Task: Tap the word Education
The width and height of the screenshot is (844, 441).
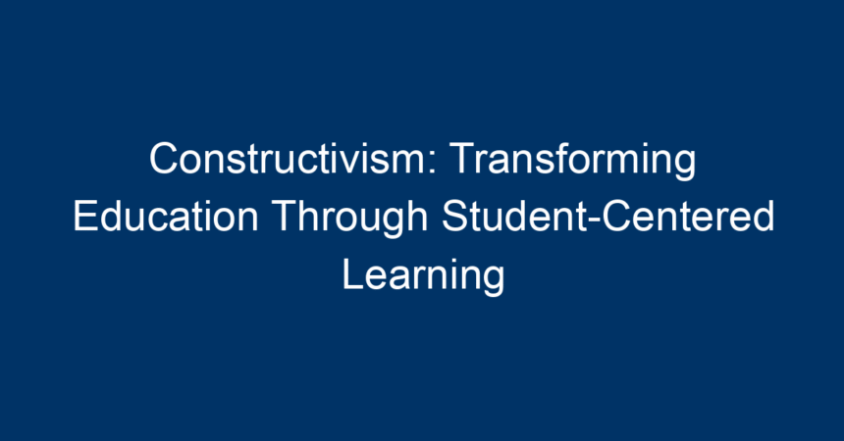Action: coord(166,217)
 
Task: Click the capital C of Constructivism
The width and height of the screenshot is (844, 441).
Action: coord(163,158)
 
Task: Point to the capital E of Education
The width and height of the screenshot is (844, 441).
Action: coord(85,217)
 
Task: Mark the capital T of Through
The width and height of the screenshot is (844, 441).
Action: coord(285,217)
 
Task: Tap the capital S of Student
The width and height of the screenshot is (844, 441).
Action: coord(454,217)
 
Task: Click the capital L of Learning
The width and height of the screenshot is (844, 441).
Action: coord(352,273)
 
